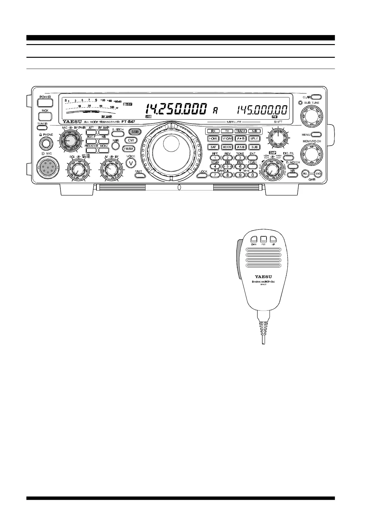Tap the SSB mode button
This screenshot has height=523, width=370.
[135, 132]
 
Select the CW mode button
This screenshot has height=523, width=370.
[131, 140]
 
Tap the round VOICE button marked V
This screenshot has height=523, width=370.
[131, 163]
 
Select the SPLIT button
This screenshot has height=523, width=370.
[254, 139]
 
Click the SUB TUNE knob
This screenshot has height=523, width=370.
[311, 116]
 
